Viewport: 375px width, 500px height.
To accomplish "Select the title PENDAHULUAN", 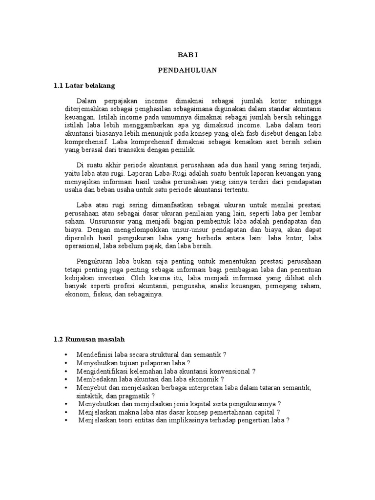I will coord(187,70).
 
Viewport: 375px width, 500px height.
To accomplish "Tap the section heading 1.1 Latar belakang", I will coord(84,85).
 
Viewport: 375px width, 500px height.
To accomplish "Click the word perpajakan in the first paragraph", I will coord(120,101).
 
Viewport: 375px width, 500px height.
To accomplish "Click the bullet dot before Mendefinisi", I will coord(65,354).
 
